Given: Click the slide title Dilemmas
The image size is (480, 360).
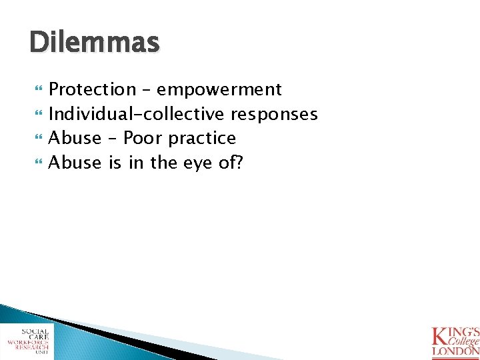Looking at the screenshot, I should pyautogui.click(x=95, y=43).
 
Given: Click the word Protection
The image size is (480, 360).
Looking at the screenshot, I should pyautogui.click(x=92, y=89).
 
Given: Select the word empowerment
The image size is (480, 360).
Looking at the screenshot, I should pyautogui.click(x=220, y=89).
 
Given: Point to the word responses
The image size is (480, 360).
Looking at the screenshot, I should pyautogui.click(x=274, y=114).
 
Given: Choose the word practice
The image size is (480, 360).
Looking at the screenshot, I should pyautogui.click(x=202, y=139).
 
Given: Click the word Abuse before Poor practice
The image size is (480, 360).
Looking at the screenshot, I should pyautogui.click(x=75, y=139).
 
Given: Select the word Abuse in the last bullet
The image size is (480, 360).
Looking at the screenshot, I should pyautogui.click(x=75, y=163).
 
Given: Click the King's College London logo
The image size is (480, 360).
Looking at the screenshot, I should pyautogui.click(x=455, y=340).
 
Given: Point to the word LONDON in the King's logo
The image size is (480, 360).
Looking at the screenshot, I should pyautogui.click(x=455, y=351).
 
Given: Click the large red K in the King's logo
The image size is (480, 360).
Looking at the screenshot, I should pyautogui.click(x=441, y=336).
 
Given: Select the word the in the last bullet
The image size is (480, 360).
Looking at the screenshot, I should pyautogui.click(x=163, y=163).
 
